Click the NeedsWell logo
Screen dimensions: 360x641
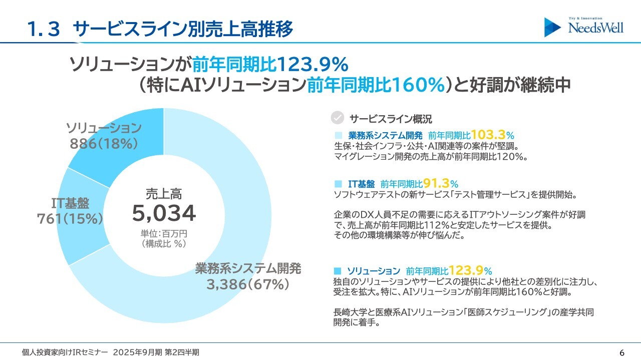pos(584,27)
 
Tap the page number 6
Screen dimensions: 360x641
pos(622,352)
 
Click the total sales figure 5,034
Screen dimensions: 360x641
pos(164,214)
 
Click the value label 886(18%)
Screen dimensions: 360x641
pos(104,144)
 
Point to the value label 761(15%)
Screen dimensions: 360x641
pos(70,219)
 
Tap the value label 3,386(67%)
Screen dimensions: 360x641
pos(248,284)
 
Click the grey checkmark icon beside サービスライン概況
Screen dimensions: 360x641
pos(338,118)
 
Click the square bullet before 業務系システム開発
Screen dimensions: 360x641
pos(338,135)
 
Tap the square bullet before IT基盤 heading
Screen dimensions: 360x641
pos(338,184)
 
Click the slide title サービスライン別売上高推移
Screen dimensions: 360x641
pos(183,29)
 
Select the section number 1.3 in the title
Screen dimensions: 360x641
pos(44,29)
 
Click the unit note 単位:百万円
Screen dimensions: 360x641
pos(164,234)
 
